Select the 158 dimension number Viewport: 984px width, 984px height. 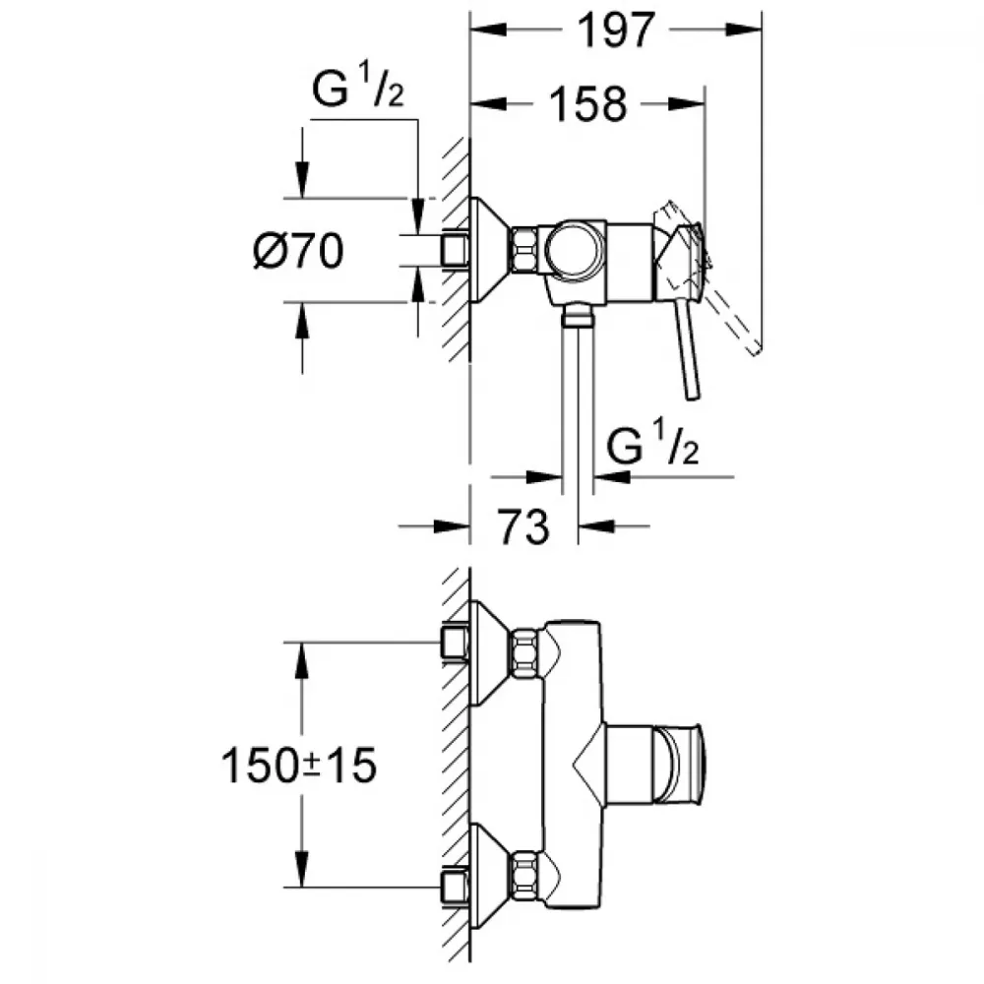588,104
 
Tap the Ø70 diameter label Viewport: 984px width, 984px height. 297,253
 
